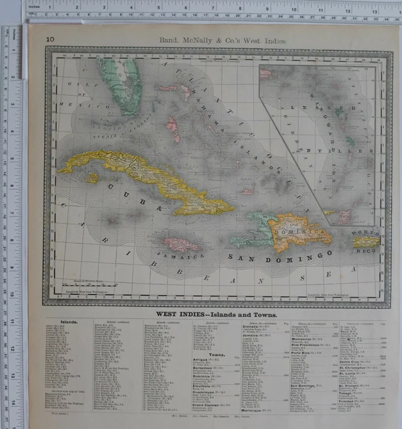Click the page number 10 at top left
coord(50,40)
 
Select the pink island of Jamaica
coord(180,245)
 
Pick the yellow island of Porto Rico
coord(366,242)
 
